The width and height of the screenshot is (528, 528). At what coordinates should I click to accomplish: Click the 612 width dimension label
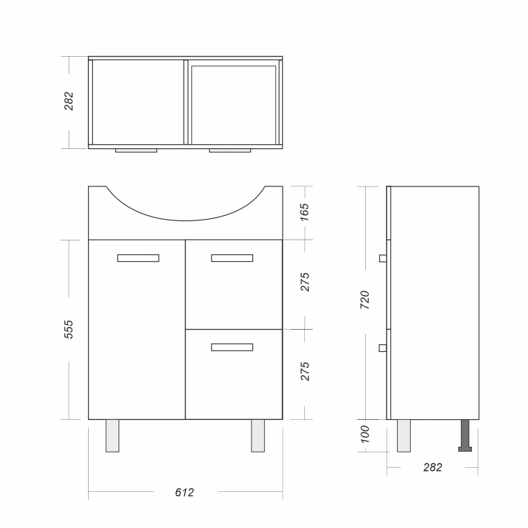pos(184,492)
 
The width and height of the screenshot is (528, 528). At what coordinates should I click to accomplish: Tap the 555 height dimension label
pos(69,329)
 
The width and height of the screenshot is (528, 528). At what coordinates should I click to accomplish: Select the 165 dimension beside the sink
pos(304,212)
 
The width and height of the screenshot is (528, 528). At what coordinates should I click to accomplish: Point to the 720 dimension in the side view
pos(364,299)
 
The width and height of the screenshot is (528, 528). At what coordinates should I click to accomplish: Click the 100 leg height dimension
pos(364,434)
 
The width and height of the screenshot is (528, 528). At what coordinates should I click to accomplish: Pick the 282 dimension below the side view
pos(432,467)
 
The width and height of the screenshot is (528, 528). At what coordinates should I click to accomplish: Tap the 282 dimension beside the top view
pos(69,100)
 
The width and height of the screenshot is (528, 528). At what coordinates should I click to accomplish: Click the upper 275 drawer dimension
pos(304,282)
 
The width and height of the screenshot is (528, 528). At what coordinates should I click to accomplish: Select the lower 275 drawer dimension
pos(304,371)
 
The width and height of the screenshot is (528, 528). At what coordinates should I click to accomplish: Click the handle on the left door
pos(138,258)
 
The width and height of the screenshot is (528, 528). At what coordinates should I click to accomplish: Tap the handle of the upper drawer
pos(232,258)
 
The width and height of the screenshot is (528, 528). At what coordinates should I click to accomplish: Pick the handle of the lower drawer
pos(232,347)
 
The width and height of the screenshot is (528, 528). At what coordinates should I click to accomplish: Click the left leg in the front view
pos(112,436)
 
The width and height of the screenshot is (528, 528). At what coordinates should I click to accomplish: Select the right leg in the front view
pos(258,436)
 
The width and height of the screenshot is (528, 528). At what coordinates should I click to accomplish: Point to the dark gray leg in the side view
pos(465,435)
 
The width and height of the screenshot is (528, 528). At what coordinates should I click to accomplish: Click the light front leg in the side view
pos(404,436)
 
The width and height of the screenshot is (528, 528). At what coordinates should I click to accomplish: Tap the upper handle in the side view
pos(383,258)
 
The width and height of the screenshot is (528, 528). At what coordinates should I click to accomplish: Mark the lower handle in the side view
pos(382,348)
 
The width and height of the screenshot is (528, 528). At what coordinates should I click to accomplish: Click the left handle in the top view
pos(136,150)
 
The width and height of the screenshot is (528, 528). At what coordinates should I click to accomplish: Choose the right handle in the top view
pos(230,150)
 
